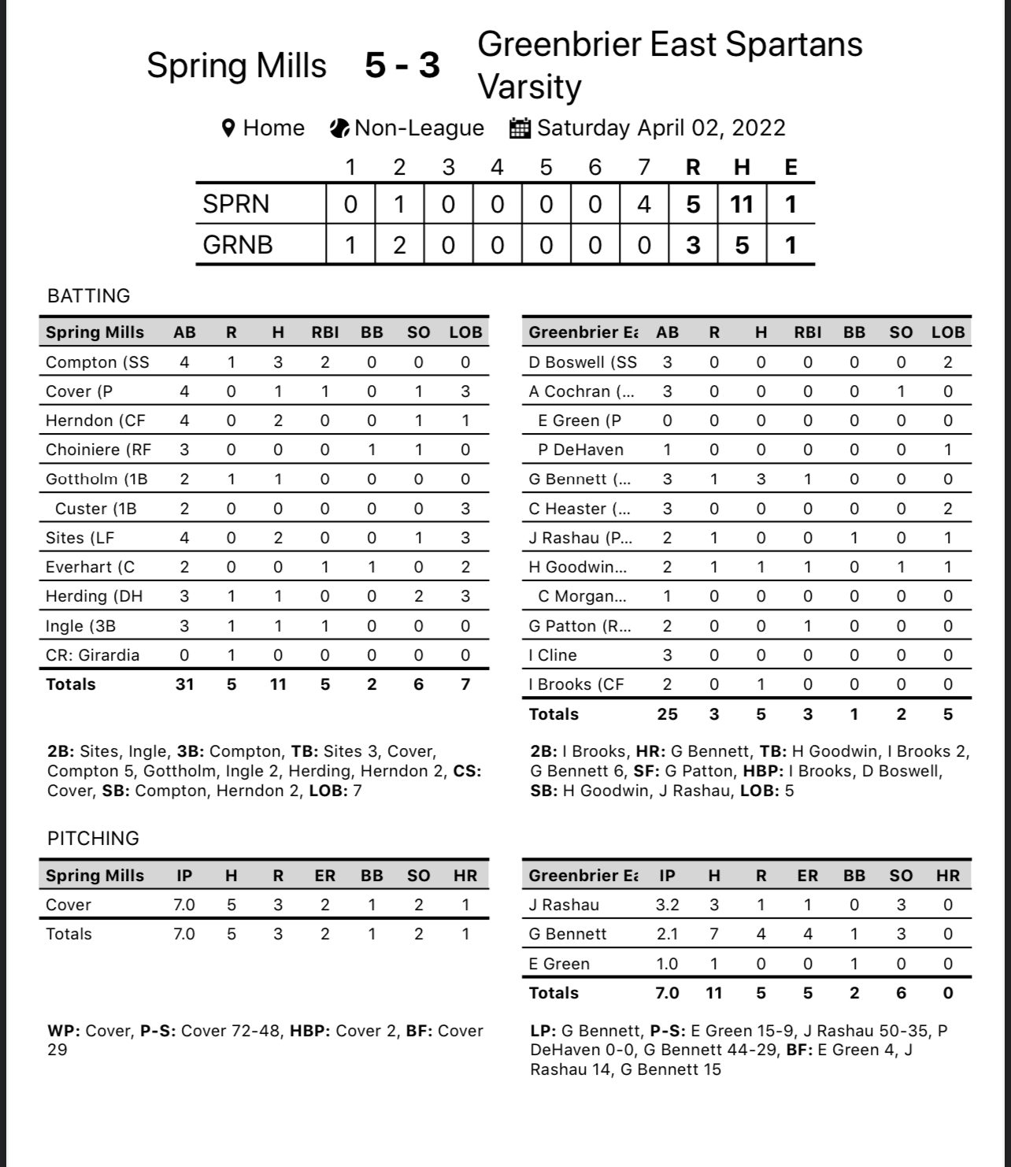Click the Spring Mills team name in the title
click(236, 65)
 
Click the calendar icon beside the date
click(520, 128)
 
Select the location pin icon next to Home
click(229, 128)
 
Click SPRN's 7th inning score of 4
click(644, 205)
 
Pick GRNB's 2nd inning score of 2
click(399, 245)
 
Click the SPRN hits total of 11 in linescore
click(742, 205)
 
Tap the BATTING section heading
click(89, 296)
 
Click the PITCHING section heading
click(93, 839)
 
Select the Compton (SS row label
click(97, 362)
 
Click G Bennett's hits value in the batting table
click(761, 479)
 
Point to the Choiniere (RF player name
click(98, 450)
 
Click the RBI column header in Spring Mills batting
click(324, 332)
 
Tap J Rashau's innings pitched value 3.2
click(667, 905)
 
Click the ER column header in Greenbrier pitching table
click(807, 876)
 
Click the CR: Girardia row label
click(92, 655)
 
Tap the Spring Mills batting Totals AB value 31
click(184, 684)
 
